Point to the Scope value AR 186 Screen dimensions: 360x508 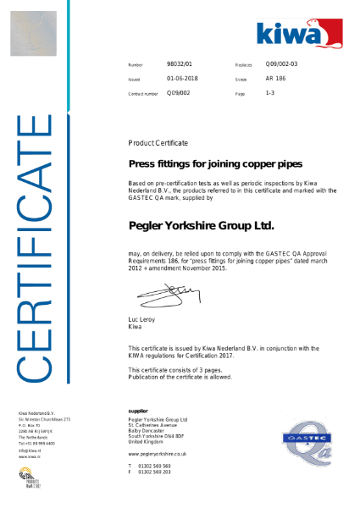274,78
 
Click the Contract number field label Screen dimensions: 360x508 142,93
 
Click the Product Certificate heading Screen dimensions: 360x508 158,142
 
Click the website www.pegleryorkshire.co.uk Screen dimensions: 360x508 157,454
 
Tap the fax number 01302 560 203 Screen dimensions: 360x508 154,472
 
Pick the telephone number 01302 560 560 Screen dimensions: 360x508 154,466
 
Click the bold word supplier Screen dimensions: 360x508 138,411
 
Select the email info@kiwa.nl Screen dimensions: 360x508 30,450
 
